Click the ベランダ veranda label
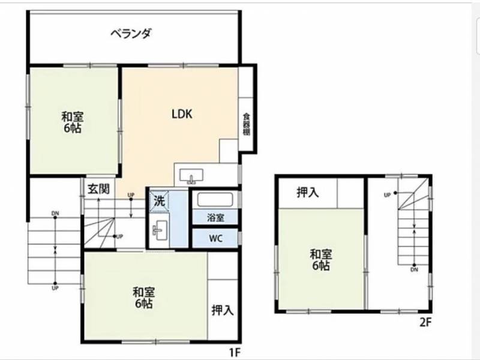click(131, 33)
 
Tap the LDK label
click(182, 114)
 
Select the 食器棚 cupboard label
click(247, 124)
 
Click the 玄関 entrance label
click(98, 189)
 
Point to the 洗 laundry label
click(159, 201)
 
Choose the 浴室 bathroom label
click(215, 218)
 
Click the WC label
click(215, 238)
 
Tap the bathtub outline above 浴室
click(215, 200)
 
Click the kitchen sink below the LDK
click(191, 176)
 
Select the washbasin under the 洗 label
click(160, 230)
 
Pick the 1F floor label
click(235, 353)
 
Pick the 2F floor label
click(425, 322)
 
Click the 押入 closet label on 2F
click(308, 193)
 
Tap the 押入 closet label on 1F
click(223, 310)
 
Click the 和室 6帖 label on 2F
click(321, 260)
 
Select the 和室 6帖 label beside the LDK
click(72, 122)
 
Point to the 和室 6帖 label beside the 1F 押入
click(143, 298)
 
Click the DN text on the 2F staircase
click(414, 269)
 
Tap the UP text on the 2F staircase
click(387, 195)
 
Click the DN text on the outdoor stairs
click(55, 214)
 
